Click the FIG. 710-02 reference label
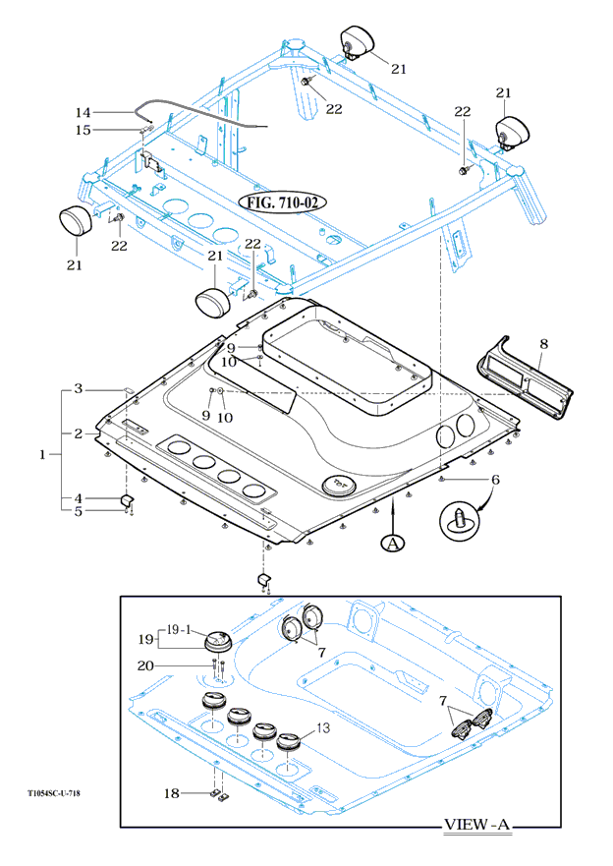(x=282, y=202)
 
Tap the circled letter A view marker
(x=393, y=542)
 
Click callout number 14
(x=83, y=112)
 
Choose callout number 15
(x=83, y=130)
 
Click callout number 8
(x=543, y=344)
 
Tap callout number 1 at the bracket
(x=42, y=454)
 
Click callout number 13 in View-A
(x=322, y=728)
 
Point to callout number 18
(x=172, y=792)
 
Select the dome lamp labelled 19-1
(x=215, y=644)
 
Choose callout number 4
(x=82, y=499)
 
